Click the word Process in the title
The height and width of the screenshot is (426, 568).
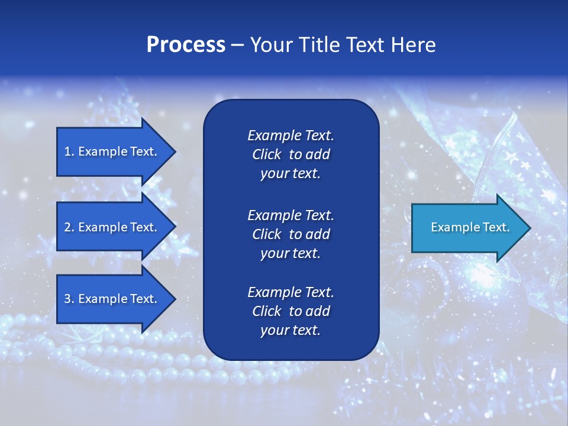coord(186,45)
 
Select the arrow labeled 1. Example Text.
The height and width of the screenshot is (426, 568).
coord(112,151)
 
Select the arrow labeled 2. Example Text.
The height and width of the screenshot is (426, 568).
coord(112,227)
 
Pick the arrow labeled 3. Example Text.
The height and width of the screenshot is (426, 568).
coord(112,299)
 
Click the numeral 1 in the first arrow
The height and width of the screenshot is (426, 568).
coord(67,151)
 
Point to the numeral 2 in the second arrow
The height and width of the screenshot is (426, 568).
coord(67,227)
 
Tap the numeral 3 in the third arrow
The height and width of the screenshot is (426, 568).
coord(67,299)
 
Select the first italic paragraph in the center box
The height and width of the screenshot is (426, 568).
coord(291,154)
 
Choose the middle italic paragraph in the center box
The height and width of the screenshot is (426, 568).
coord(291,234)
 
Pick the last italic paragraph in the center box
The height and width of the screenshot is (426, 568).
coord(291,311)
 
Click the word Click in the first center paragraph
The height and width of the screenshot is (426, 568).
coord(267,155)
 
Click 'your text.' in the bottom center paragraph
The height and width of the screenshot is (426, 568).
coord(291,330)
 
